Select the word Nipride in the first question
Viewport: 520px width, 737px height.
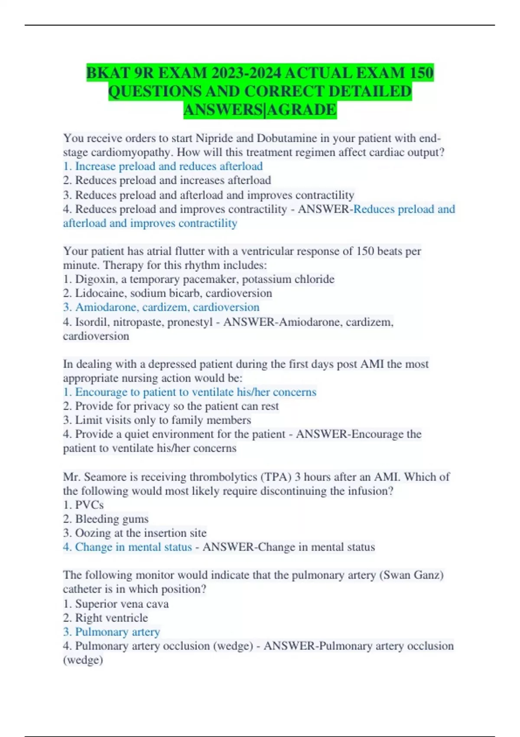click(214, 138)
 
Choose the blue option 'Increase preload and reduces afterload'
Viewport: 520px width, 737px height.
click(163, 166)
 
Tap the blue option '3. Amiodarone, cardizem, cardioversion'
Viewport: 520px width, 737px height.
click(161, 307)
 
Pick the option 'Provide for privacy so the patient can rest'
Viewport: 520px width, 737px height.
click(171, 406)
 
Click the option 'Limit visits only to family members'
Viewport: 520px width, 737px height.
click(157, 420)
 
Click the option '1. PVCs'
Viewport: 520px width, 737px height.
click(83, 505)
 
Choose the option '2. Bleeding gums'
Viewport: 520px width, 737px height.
click(106, 519)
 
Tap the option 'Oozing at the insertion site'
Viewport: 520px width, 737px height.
click(135, 533)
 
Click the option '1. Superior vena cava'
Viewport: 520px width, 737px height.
click(116, 603)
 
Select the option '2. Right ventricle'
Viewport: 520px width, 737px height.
click(105, 618)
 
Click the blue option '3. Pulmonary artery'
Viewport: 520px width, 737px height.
click(111, 632)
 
